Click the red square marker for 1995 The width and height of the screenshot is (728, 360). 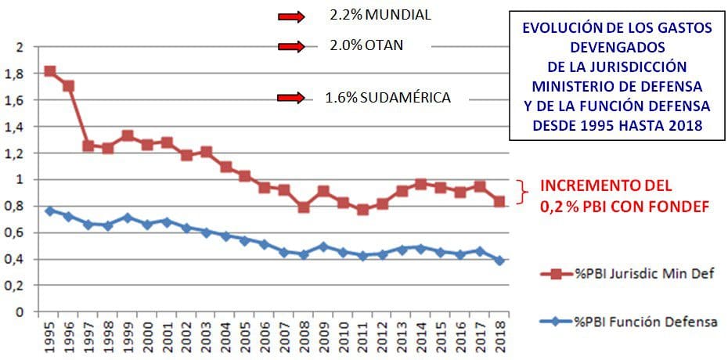[50, 71]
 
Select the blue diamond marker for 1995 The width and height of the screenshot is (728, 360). [50, 211]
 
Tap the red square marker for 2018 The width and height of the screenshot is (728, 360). [499, 202]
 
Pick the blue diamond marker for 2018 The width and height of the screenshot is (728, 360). [499, 260]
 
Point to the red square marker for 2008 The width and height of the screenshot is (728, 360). [303, 207]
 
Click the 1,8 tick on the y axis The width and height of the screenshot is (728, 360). [17, 74]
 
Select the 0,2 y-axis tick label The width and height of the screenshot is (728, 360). [17, 286]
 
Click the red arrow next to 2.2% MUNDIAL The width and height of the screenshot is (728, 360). [290, 16]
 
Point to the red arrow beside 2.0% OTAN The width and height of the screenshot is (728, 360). [290, 46]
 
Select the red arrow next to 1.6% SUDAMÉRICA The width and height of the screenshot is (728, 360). [290, 98]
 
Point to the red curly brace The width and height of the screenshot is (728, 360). [524, 190]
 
